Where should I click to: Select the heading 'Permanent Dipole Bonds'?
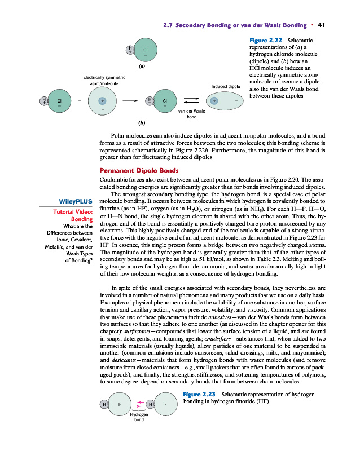pyautogui.click(x=139, y=170)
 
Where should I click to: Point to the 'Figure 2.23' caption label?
pyautogui.click(x=201, y=394)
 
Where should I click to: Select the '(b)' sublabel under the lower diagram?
pyautogui.click(x=142, y=122)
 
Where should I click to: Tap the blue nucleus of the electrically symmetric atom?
pyautogui.click(x=102, y=101)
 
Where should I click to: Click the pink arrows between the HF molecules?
pyautogui.click(x=139, y=404)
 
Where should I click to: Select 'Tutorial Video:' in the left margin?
pyautogui.click(x=72, y=211)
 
